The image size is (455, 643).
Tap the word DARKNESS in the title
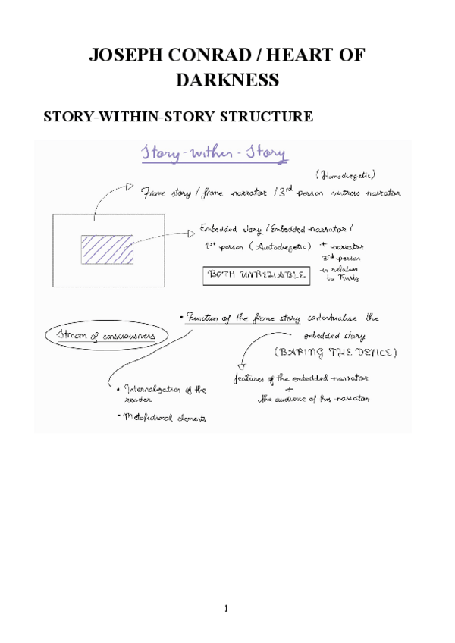point(227,80)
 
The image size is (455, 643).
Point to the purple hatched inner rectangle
point(108,249)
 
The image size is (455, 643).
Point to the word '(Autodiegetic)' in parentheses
point(268,245)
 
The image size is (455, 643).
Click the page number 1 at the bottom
point(226,608)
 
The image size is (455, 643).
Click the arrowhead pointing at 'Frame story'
point(131,187)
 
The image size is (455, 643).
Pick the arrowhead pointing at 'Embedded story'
point(190,234)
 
